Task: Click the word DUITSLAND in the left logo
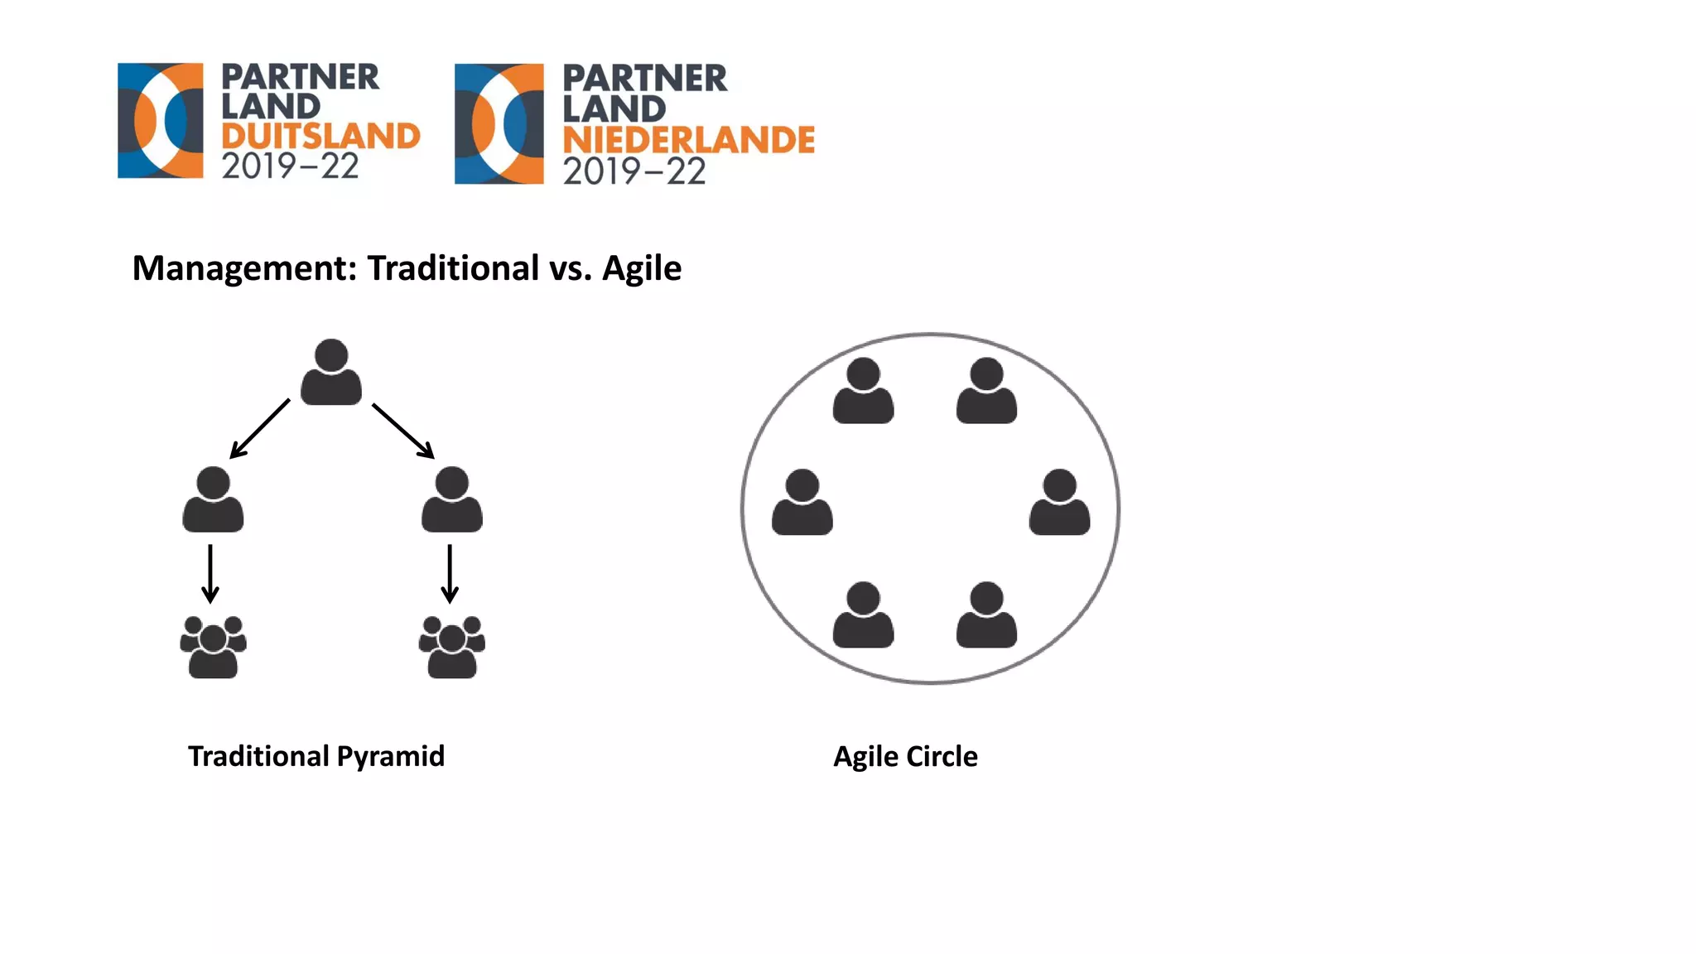click(x=320, y=137)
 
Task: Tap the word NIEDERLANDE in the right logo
click(x=688, y=140)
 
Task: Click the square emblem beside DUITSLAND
click(x=160, y=121)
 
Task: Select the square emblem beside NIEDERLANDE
click(x=499, y=123)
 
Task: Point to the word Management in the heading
click(x=244, y=268)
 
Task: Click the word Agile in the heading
click(x=641, y=268)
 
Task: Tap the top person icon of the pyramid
click(x=331, y=373)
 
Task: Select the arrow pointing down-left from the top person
click(x=259, y=429)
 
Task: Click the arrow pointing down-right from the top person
click(x=403, y=431)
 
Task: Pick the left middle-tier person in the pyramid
click(x=213, y=499)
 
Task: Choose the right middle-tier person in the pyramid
click(x=451, y=499)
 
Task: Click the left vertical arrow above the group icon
click(x=210, y=573)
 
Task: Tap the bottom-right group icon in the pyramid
click(x=451, y=647)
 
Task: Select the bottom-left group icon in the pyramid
click(x=213, y=647)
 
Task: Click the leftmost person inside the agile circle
click(x=802, y=503)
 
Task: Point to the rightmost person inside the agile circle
click(x=1059, y=503)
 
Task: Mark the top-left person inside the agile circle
click(x=863, y=391)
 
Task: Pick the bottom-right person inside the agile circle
click(x=986, y=614)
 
